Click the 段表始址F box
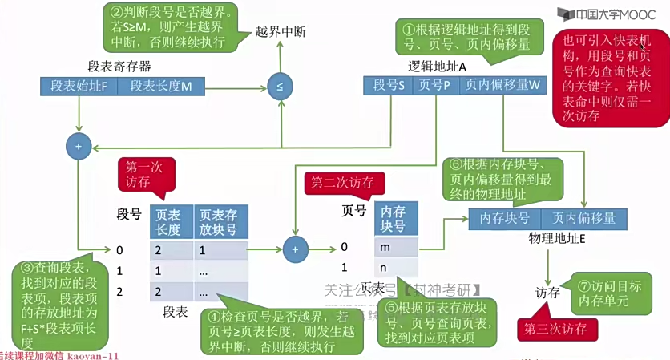pos(79,86)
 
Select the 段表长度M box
pos(161,86)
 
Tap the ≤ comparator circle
pos(280,87)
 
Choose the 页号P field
pos(435,83)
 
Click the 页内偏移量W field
pos(502,83)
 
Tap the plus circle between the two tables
pos(295,249)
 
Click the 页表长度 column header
pos(168,222)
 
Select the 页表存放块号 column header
pos(219,222)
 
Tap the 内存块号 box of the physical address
pos(505,218)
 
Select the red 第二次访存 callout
pos(342,183)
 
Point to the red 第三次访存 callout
pos(555,329)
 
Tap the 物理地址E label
pos(557,239)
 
